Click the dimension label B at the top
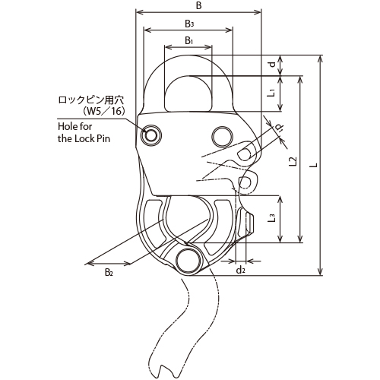pos(199,5)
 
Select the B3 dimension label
pos(189,24)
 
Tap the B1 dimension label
pos(188,40)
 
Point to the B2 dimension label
pos(109,272)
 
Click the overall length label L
pos(314,165)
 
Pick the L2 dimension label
pos(293,161)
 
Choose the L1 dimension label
pos(271,93)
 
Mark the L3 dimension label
pos(271,217)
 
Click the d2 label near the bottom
pos(241,271)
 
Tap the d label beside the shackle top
pos(272,64)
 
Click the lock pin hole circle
pos(151,135)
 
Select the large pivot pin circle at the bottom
pos(188,261)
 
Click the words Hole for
pos(75,126)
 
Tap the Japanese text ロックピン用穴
pos(91,100)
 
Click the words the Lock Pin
pos(84,138)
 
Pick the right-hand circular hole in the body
pos(222,137)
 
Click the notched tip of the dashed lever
pos(162,370)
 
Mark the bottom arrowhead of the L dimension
pos(320,271)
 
